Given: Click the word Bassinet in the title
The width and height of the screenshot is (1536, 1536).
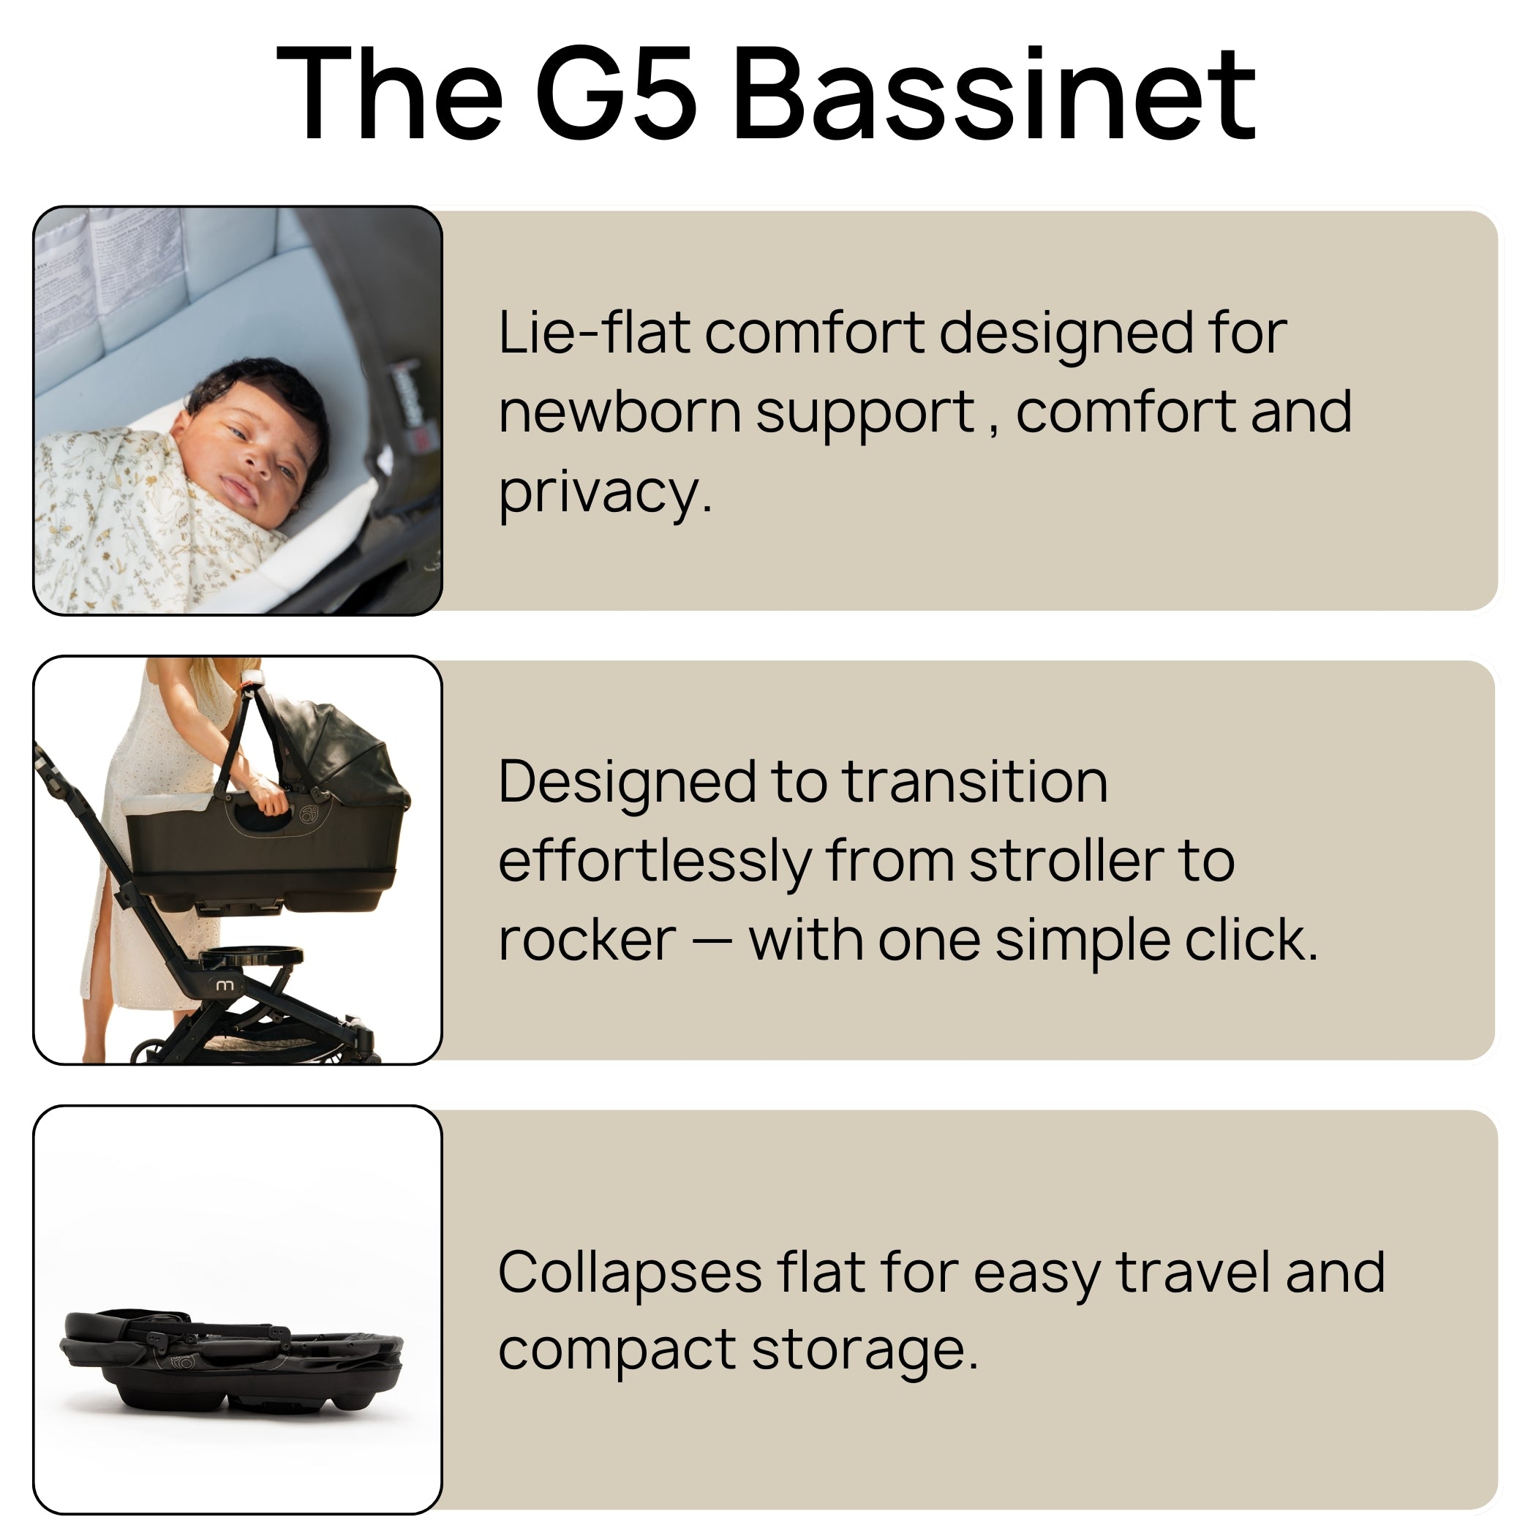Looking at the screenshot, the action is pos(995,94).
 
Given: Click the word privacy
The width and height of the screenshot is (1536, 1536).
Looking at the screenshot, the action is pos(604,493).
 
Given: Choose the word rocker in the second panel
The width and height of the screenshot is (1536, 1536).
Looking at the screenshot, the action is pos(587,941).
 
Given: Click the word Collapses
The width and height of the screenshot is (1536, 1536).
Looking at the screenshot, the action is pos(630,1273).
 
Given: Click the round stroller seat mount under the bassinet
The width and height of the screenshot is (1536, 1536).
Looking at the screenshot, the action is pos(250,956).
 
